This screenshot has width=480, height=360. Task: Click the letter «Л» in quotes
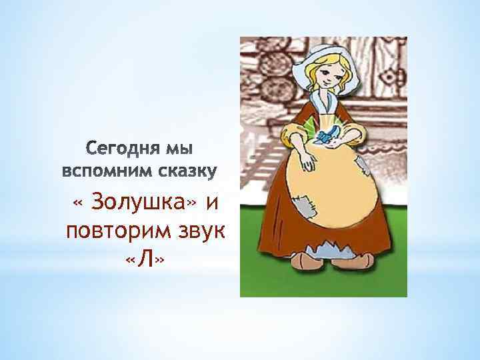tap(145, 261)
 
